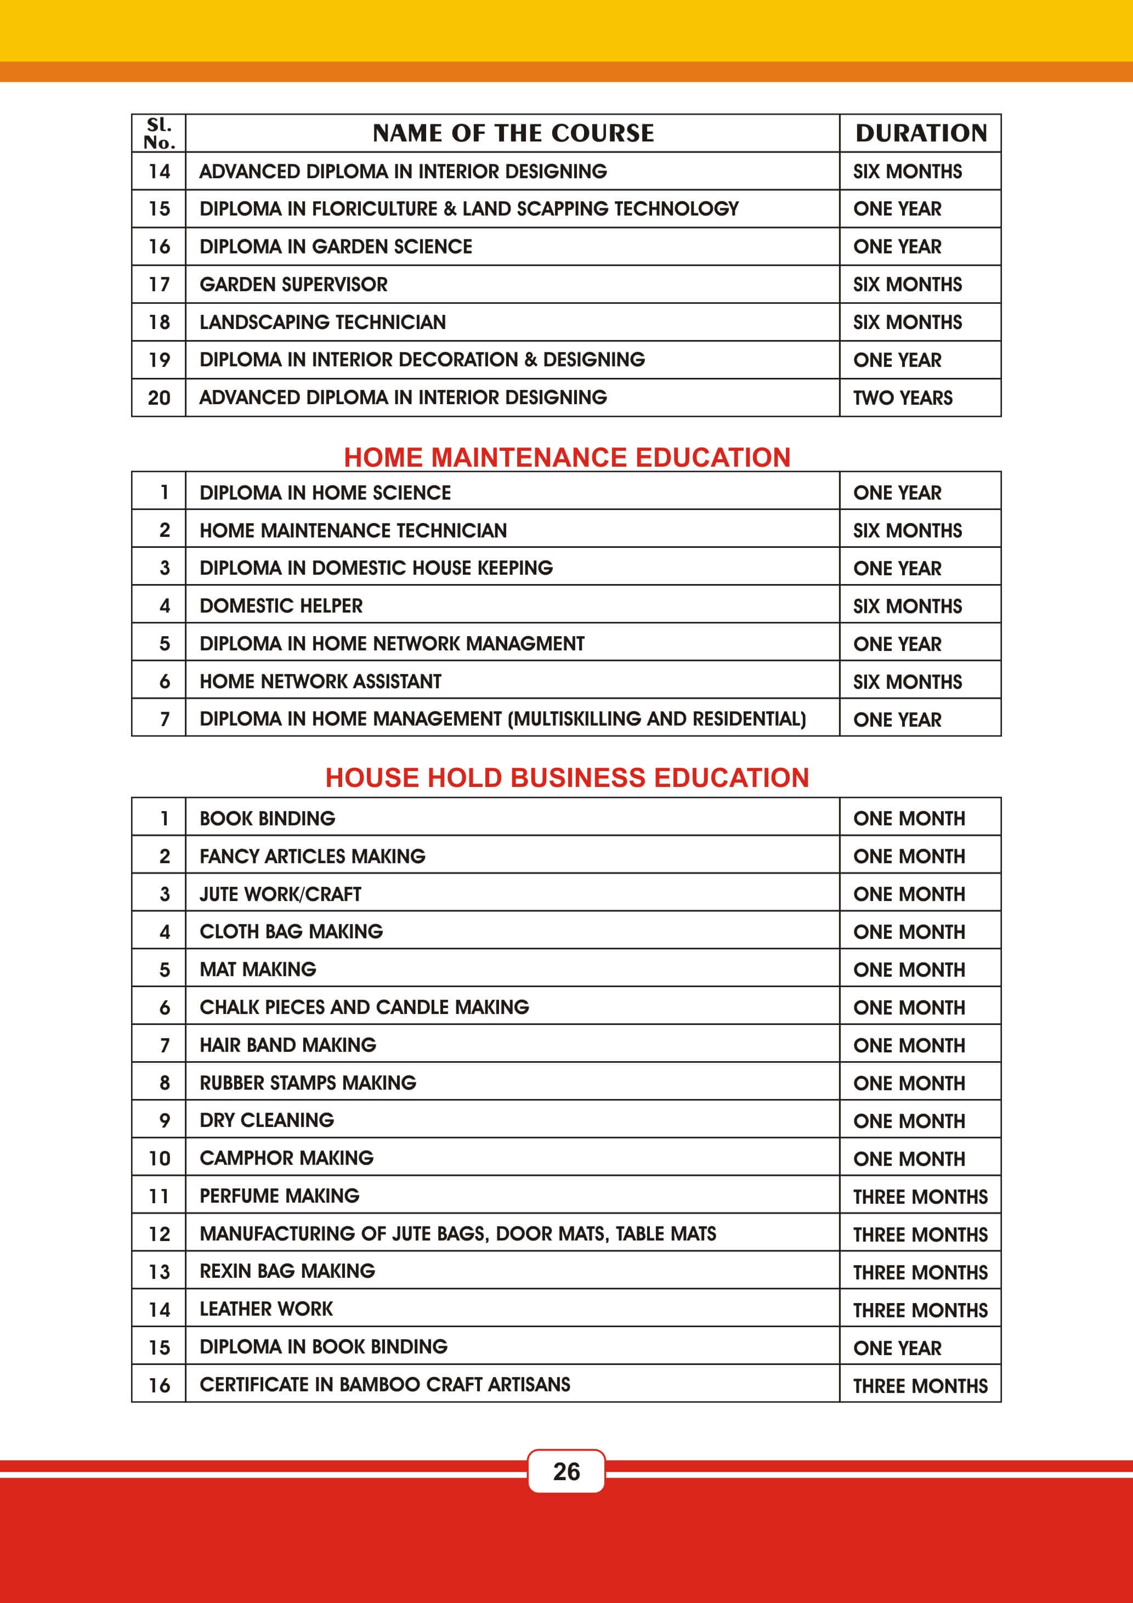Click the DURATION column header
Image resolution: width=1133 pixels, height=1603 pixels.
click(x=921, y=133)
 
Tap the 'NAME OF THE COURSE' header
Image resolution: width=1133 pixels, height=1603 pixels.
click(x=513, y=133)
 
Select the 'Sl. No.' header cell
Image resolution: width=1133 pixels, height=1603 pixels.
click(x=159, y=133)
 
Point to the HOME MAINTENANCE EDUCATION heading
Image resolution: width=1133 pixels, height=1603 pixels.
click(x=567, y=457)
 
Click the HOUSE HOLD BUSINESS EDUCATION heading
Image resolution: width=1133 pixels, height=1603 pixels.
click(x=567, y=778)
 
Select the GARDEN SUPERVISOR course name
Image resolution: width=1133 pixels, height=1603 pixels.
click(x=293, y=284)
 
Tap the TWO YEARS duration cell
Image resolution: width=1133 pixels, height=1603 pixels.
click(x=903, y=398)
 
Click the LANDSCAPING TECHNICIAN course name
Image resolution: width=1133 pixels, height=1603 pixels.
click(x=322, y=322)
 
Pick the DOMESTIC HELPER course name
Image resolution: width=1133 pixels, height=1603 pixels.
click(x=281, y=606)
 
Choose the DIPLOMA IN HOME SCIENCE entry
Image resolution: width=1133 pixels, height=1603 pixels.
click(x=325, y=493)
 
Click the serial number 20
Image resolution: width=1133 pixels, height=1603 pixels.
click(x=159, y=398)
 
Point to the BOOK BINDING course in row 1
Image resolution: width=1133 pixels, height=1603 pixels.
click(x=268, y=818)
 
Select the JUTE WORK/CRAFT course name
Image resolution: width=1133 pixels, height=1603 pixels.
click(x=280, y=894)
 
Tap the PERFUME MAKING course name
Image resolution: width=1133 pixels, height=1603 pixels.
click(x=279, y=1196)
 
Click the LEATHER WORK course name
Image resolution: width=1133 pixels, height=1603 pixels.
click(x=266, y=1309)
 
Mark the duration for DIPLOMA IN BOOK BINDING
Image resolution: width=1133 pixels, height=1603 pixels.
click(x=897, y=1348)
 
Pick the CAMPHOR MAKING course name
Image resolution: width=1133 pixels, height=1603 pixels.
click(x=286, y=1158)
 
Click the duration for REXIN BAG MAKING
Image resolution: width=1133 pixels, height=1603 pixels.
click(x=920, y=1273)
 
